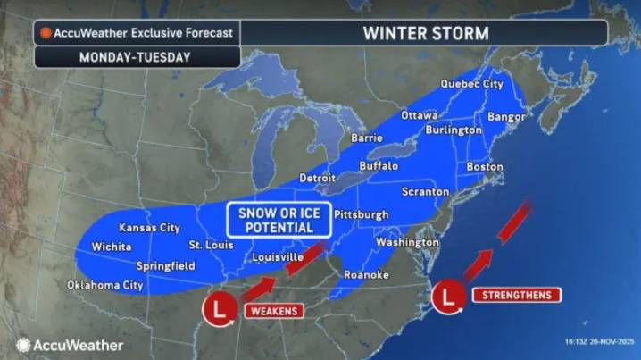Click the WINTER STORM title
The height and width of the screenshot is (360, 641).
[x=425, y=33]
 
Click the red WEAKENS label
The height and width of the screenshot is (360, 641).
[x=273, y=310]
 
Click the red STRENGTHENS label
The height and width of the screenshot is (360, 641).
[x=516, y=295]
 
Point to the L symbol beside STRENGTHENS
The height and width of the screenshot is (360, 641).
[x=448, y=296]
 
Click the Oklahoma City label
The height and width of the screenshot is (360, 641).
[x=105, y=286]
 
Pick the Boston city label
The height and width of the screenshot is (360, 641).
[x=485, y=167]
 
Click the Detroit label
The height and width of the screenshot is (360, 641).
[x=317, y=178]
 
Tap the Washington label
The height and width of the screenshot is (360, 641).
[x=407, y=242]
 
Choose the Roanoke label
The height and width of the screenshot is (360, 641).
[x=366, y=275]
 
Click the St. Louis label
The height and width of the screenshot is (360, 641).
[x=210, y=245]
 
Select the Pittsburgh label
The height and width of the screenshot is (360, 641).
[x=362, y=214]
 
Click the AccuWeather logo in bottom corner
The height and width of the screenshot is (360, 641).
[x=70, y=345]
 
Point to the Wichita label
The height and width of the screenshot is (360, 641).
[x=111, y=247]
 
